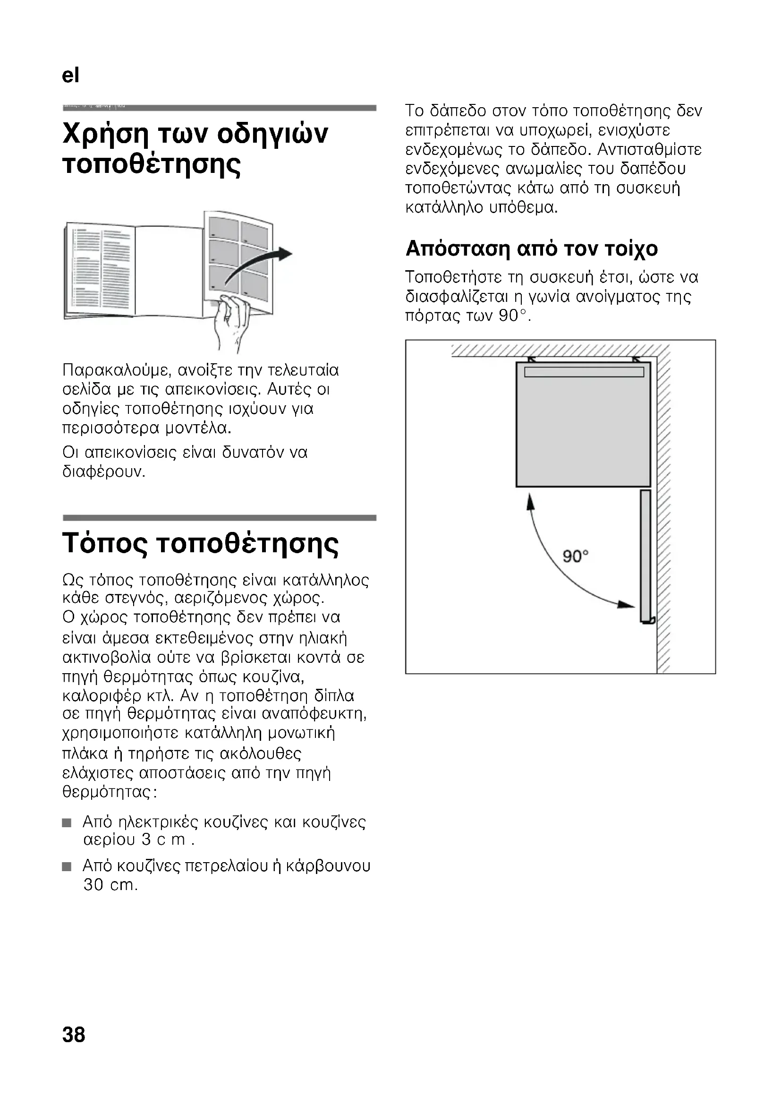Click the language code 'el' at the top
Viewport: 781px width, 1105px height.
tap(70, 76)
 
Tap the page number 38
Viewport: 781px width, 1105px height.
tap(74, 1034)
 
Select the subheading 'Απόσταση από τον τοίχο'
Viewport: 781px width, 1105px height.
tap(531, 249)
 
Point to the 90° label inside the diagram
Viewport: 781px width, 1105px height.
tap(576, 557)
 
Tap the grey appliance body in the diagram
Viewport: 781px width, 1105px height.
tap(583, 428)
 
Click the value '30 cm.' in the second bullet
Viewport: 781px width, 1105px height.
tap(110, 885)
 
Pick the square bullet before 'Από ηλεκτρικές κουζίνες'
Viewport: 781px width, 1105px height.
tap(67, 823)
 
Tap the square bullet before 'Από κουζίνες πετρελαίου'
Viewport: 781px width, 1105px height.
tap(67, 867)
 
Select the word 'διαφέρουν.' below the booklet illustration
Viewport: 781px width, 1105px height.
tap(104, 471)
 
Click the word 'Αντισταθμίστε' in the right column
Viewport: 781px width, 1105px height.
tap(649, 150)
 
